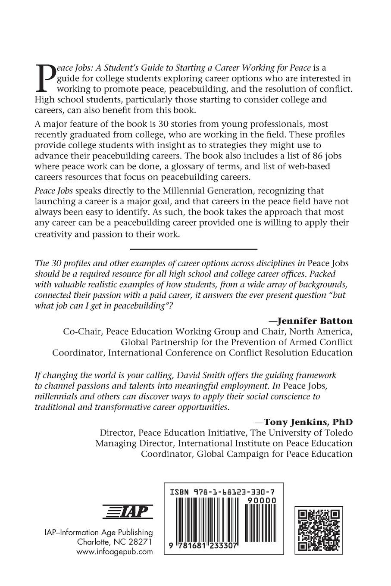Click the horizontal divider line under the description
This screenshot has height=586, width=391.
coord(194,249)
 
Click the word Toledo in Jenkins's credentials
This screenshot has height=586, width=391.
coord(336,432)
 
